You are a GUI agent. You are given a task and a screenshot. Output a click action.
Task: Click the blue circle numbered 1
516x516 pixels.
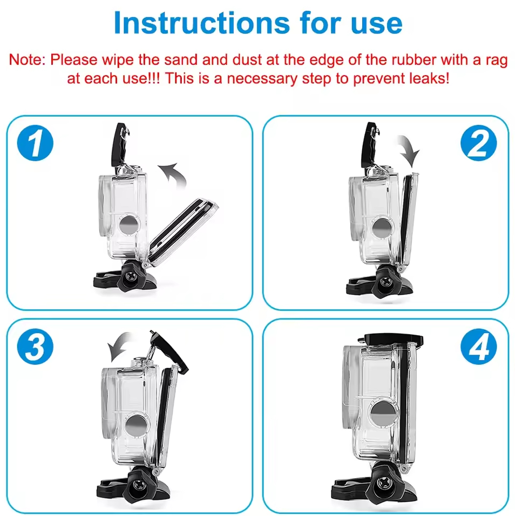[35, 143]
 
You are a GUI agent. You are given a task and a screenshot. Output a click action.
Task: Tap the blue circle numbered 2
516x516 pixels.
[478, 143]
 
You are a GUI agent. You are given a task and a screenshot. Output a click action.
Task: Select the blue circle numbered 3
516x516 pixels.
[35, 347]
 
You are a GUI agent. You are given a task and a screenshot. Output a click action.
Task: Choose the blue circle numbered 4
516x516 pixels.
[478, 347]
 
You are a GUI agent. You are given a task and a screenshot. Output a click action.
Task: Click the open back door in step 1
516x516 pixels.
[182, 232]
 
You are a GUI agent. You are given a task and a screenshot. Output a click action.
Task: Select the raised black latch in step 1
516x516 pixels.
[119, 145]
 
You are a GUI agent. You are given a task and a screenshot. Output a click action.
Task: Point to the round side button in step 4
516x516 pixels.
[382, 412]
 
